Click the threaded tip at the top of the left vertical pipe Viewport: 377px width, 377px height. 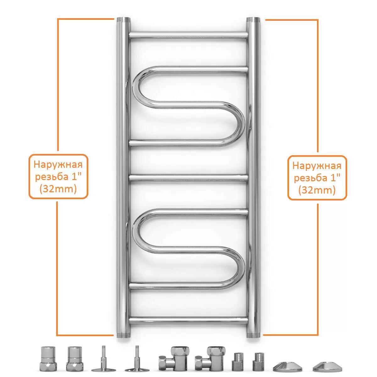(x=123, y=20)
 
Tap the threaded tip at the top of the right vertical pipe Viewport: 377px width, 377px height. (x=253, y=20)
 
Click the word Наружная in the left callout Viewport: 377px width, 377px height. (x=58, y=165)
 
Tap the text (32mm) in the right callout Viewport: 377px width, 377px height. (x=317, y=190)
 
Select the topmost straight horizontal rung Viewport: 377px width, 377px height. (x=188, y=35)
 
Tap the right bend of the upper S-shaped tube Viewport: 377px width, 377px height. (x=240, y=124)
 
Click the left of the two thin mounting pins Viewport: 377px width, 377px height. (x=103, y=355)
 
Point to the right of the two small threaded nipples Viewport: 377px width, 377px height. (x=259, y=356)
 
